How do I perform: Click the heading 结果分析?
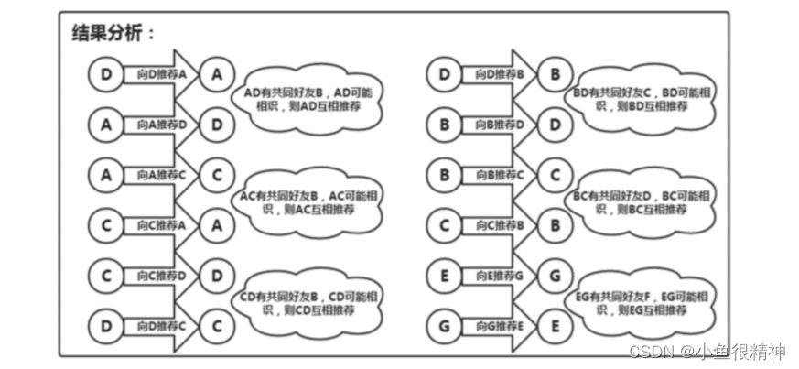coord(113,33)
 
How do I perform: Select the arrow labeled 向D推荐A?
coord(161,74)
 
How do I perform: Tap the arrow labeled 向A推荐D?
coord(161,124)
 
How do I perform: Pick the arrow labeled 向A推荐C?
coord(161,173)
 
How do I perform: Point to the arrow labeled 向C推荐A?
coord(161,223)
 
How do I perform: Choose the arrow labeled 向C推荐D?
coord(161,274)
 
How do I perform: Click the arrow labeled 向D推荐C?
coord(161,323)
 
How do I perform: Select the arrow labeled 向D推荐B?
coord(499,74)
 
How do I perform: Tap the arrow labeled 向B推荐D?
coord(499,124)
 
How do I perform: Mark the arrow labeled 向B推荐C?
coord(499,173)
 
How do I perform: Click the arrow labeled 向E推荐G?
coord(499,274)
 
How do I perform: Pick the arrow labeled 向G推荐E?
coord(499,323)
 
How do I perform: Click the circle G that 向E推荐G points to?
coord(554,274)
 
